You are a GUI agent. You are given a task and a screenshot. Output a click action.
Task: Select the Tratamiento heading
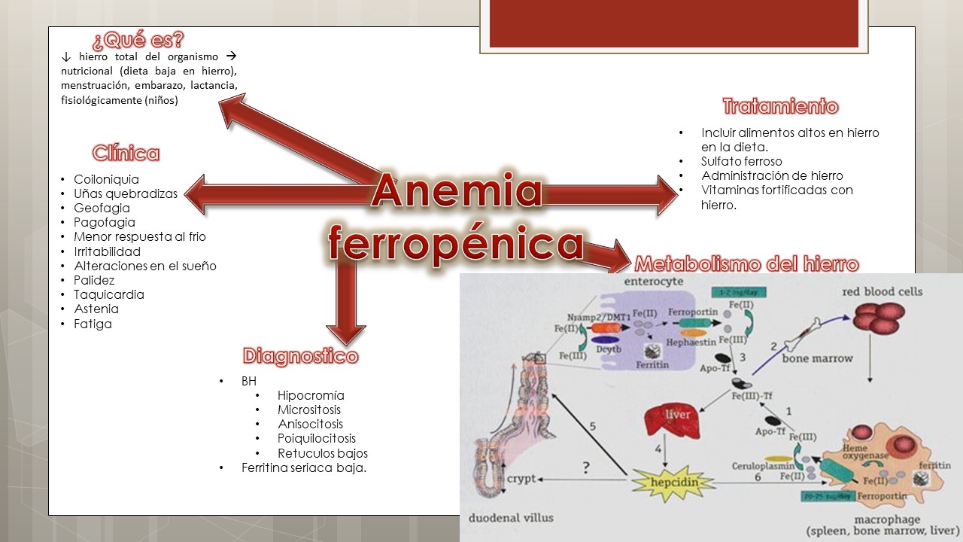click(780, 106)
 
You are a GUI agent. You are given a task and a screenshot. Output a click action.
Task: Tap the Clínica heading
click(126, 154)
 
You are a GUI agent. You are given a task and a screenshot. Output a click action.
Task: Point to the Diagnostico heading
click(300, 356)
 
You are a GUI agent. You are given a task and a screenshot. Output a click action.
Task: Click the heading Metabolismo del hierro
click(746, 264)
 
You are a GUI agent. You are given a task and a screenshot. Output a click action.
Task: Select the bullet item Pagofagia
click(105, 222)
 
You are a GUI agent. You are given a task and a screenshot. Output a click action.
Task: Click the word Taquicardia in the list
click(109, 294)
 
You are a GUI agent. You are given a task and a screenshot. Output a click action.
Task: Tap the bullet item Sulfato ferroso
click(741, 161)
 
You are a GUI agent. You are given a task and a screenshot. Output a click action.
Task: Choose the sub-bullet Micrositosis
click(309, 410)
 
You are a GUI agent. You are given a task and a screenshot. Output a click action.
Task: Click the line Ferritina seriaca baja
click(304, 467)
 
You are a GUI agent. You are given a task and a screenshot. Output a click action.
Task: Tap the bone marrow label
click(818, 358)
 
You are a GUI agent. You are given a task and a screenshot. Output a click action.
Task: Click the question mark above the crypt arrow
click(586, 467)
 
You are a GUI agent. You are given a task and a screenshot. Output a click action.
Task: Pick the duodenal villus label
click(512, 518)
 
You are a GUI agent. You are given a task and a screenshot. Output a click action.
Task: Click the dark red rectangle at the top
click(673, 23)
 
